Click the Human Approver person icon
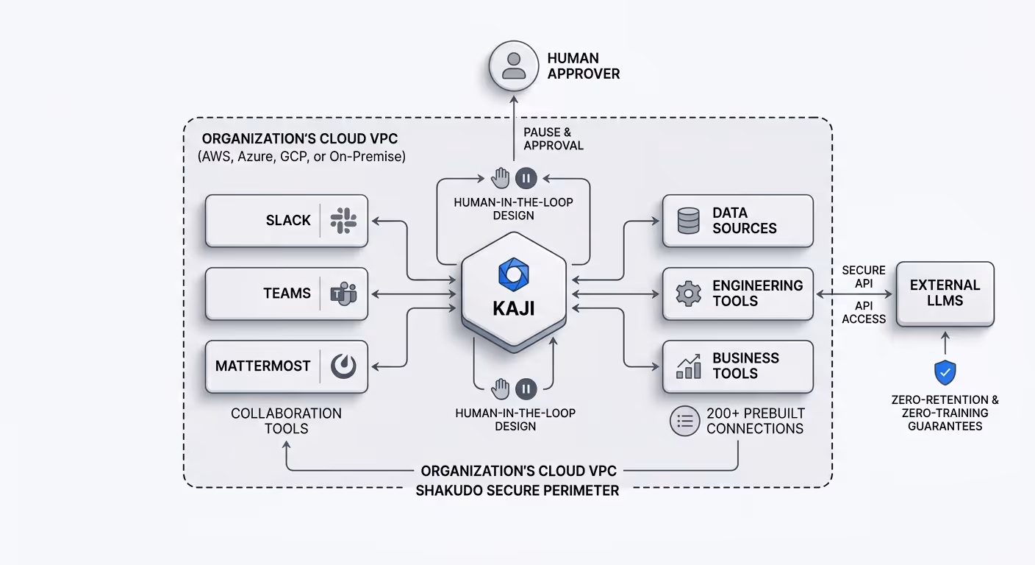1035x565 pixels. pyautogui.click(x=514, y=65)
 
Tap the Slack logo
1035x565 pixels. pyautogui.click(x=343, y=221)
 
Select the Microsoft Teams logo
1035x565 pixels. pyautogui.click(x=343, y=294)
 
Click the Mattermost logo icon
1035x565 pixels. pyautogui.click(x=343, y=366)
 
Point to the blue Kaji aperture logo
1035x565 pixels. pyautogui.click(x=514, y=274)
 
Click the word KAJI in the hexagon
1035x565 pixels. pyautogui.click(x=514, y=308)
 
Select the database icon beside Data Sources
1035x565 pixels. pyautogui.click(x=688, y=221)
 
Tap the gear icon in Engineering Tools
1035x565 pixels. pyautogui.click(x=688, y=294)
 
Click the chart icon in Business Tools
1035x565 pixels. pyautogui.click(x=688, y=366)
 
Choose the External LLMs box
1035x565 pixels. pyautogui.click(x=945, y=294)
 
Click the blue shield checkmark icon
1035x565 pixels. pyautogui.click(x=945, y=373)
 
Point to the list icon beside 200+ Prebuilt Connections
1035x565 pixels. pyautogui.click(x=684, y=421)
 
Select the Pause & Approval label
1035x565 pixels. pyautogui.click(x=553, y=139)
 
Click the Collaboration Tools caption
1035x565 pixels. pyautogui.click(x=286, y=421)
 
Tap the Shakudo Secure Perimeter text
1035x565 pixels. pyautogui.click(x=517, y=491)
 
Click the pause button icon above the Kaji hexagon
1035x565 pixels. pyautogui.click(x=526, y=177)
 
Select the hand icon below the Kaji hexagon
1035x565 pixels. pyautogui.click(x=501, y=388)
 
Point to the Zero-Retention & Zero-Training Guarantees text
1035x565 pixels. pyautogui.click(x=945, y=413)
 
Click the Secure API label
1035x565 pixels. pyautogui.click(x=864, y=277)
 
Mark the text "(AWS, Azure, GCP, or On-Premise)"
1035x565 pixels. pyautogui.click(x=301, y=157)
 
